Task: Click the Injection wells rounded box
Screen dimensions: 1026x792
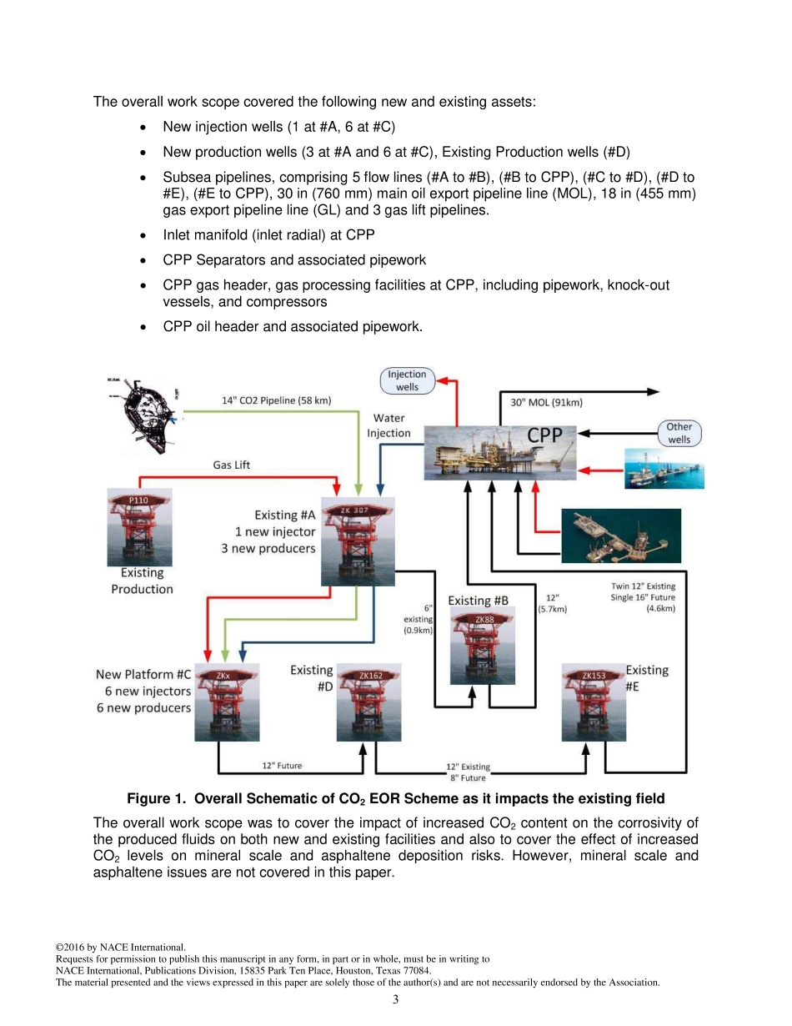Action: pos(408,381)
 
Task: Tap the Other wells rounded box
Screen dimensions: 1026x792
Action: pos(679,433)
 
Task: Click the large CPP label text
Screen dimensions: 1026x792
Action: pos(545,435)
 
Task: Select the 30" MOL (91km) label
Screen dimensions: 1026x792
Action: pos(546,402)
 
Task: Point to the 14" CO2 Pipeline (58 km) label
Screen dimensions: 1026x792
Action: pos(277,400)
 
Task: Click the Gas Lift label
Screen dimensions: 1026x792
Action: pos(232,465)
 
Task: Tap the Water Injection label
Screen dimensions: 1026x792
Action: pos(388,425)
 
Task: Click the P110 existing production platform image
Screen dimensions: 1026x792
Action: pos(140,527)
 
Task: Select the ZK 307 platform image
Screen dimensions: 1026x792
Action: pos(358,541)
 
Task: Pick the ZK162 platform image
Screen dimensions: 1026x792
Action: pos(369,702)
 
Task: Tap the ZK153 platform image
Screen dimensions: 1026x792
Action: pos(593,702)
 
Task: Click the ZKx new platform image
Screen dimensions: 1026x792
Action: pos(227,702)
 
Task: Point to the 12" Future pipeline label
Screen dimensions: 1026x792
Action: pos(283,765)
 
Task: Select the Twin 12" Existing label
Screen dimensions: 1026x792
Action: pos(643,586)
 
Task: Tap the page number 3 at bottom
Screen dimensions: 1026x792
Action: pos(396,999)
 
